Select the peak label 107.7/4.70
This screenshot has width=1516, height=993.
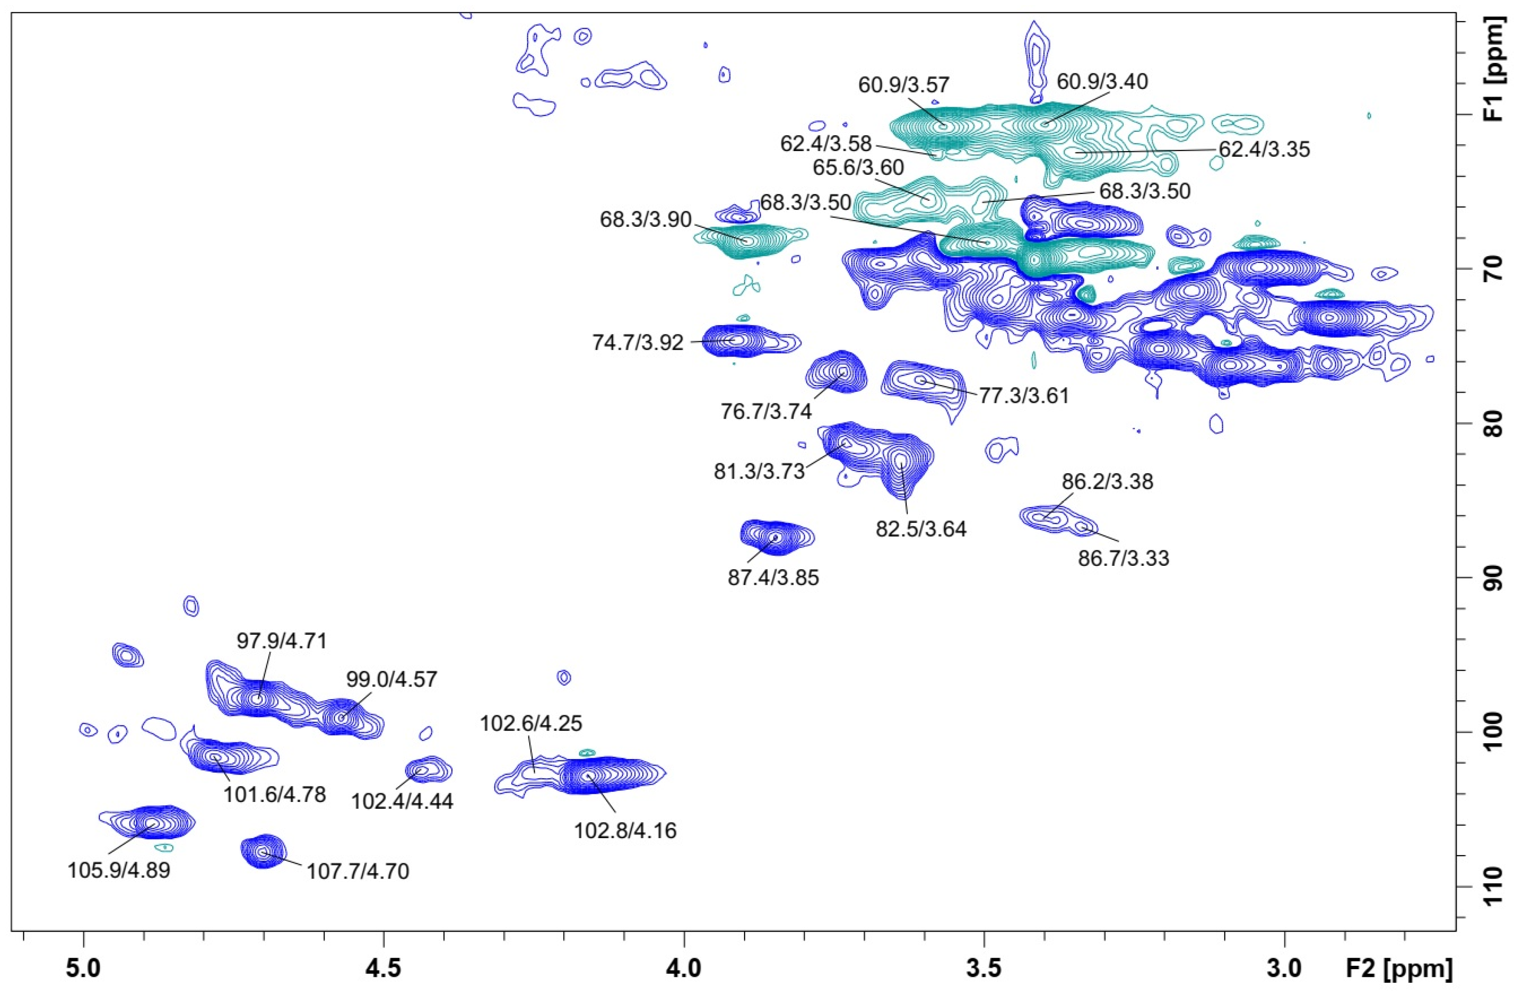[x=358, y=871]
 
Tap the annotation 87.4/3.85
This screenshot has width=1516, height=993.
[x=773, y=578]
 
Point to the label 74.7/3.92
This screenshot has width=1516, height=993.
[x=638, y=342]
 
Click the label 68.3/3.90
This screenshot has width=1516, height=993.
[x=645, y=220]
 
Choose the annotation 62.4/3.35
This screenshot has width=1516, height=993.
[x=1264, y=149]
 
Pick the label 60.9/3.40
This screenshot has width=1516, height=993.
[x=1102, y=82]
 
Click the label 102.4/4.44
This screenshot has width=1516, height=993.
[x=402, y=801]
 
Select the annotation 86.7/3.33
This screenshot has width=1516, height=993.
[x=1124, y=559]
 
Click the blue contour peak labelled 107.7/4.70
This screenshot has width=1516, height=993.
[x=263, y=852]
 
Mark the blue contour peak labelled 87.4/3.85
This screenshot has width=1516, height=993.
[x=775, y=537]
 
